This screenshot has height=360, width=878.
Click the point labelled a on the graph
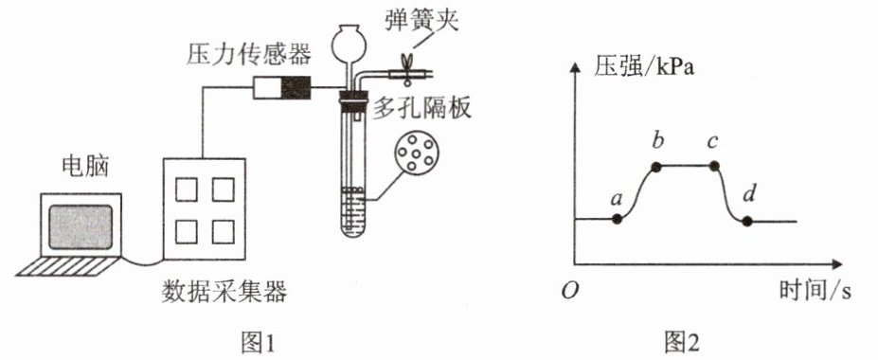[618, 220]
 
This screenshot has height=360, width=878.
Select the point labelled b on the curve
[656, 167]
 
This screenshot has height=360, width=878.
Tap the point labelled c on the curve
[714, 166]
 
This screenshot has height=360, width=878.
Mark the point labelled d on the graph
[746, 221]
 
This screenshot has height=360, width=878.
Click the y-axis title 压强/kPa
[643, 70]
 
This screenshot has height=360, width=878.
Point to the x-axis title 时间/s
[815, 290]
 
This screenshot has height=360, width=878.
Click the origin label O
[570, 291]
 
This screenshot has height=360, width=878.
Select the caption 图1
[259, 341]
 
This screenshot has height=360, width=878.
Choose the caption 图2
[681, 341]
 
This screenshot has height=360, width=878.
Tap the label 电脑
[84, 167]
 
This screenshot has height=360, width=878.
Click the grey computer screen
[81, 226]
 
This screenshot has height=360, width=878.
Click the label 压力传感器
[247, 56]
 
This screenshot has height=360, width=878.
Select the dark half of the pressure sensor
[296, 87]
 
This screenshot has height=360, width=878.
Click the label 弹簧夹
[421, 21]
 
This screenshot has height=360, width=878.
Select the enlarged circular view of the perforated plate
[417, 152]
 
